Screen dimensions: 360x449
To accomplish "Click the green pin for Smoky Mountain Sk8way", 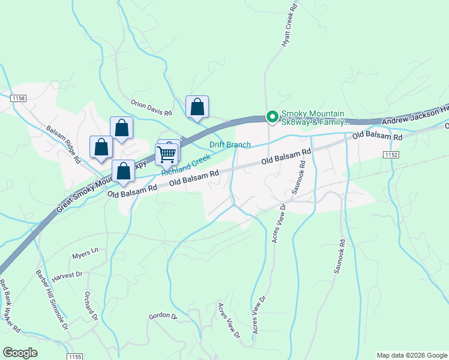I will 272,117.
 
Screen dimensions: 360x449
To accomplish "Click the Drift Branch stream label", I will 230,145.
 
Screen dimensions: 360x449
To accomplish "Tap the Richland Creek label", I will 185,165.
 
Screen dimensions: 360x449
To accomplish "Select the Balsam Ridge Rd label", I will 64,144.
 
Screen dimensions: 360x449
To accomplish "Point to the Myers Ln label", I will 85,254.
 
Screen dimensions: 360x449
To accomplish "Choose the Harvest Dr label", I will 67,275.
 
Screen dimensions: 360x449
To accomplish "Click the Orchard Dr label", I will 90,307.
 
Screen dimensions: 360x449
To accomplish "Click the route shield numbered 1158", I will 18,98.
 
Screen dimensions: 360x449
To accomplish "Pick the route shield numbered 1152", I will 391,155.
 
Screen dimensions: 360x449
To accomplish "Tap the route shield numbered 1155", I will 75,356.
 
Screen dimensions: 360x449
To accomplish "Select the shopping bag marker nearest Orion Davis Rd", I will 197,107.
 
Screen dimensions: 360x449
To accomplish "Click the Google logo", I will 20,353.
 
